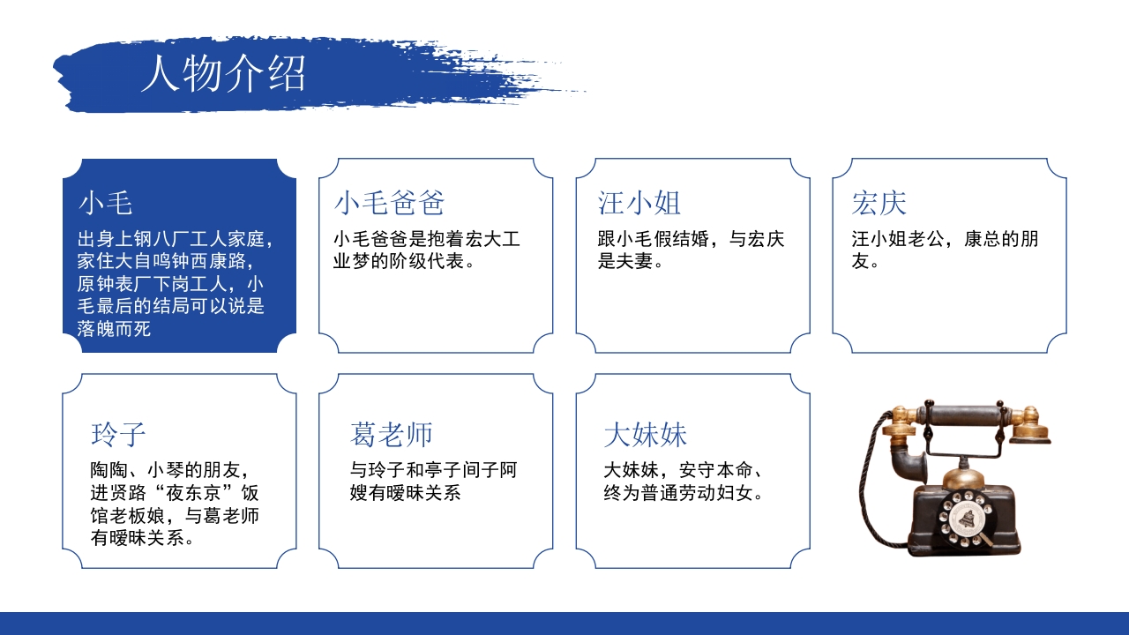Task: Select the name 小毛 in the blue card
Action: (105, 203)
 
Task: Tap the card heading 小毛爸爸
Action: (389, 203)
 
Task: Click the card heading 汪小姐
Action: (639, 203)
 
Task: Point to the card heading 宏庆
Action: (879, 203)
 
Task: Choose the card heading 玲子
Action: (118, 434)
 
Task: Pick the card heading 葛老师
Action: (392, 434)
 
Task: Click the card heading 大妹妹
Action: (645, 434)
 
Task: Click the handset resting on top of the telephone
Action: (966, 415)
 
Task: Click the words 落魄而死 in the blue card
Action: (114, 330)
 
